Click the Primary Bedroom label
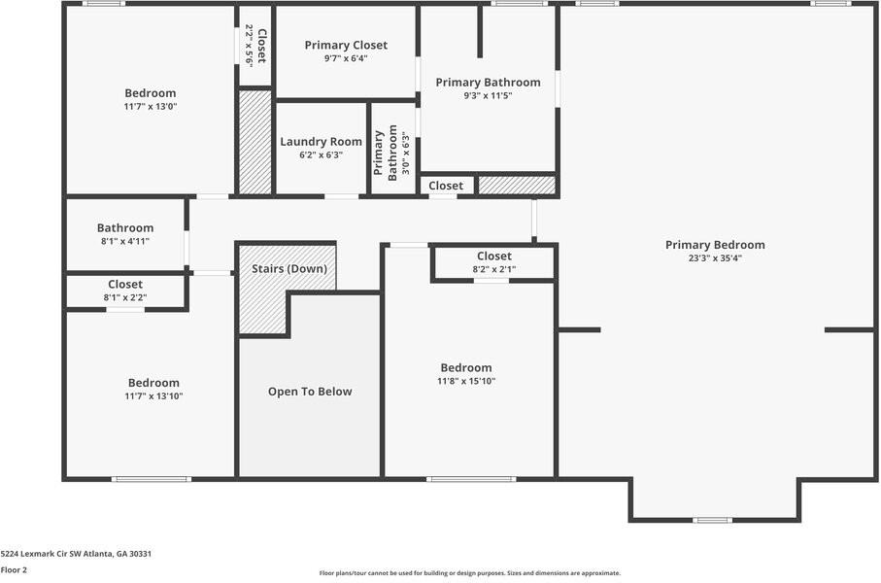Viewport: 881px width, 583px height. click(715, 245)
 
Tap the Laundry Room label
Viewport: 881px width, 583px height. click(321, 142)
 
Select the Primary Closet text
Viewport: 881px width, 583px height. click(346, 45)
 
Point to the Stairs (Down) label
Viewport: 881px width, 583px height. click(289, 269)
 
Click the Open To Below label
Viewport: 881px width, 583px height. click(310, 392)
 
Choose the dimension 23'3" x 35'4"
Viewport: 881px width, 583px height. click(715, 258)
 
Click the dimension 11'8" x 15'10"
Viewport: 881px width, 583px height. click(466, 382)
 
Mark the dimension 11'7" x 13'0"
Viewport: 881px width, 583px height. click(150, 107)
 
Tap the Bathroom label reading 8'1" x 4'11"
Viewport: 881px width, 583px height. click(125, 228)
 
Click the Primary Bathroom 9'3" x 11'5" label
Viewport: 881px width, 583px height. click(488, 83)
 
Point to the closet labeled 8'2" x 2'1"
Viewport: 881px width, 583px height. click(493, 257)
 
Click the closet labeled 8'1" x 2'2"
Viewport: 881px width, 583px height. click(125, 285)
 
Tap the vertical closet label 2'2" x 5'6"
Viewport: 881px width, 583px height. click(254, 45)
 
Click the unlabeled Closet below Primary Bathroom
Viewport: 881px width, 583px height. click(446, 186)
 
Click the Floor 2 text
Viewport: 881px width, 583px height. click(14, 570)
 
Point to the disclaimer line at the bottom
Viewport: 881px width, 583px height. click(469, 573)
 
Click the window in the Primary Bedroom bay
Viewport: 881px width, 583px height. click(712, 520)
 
